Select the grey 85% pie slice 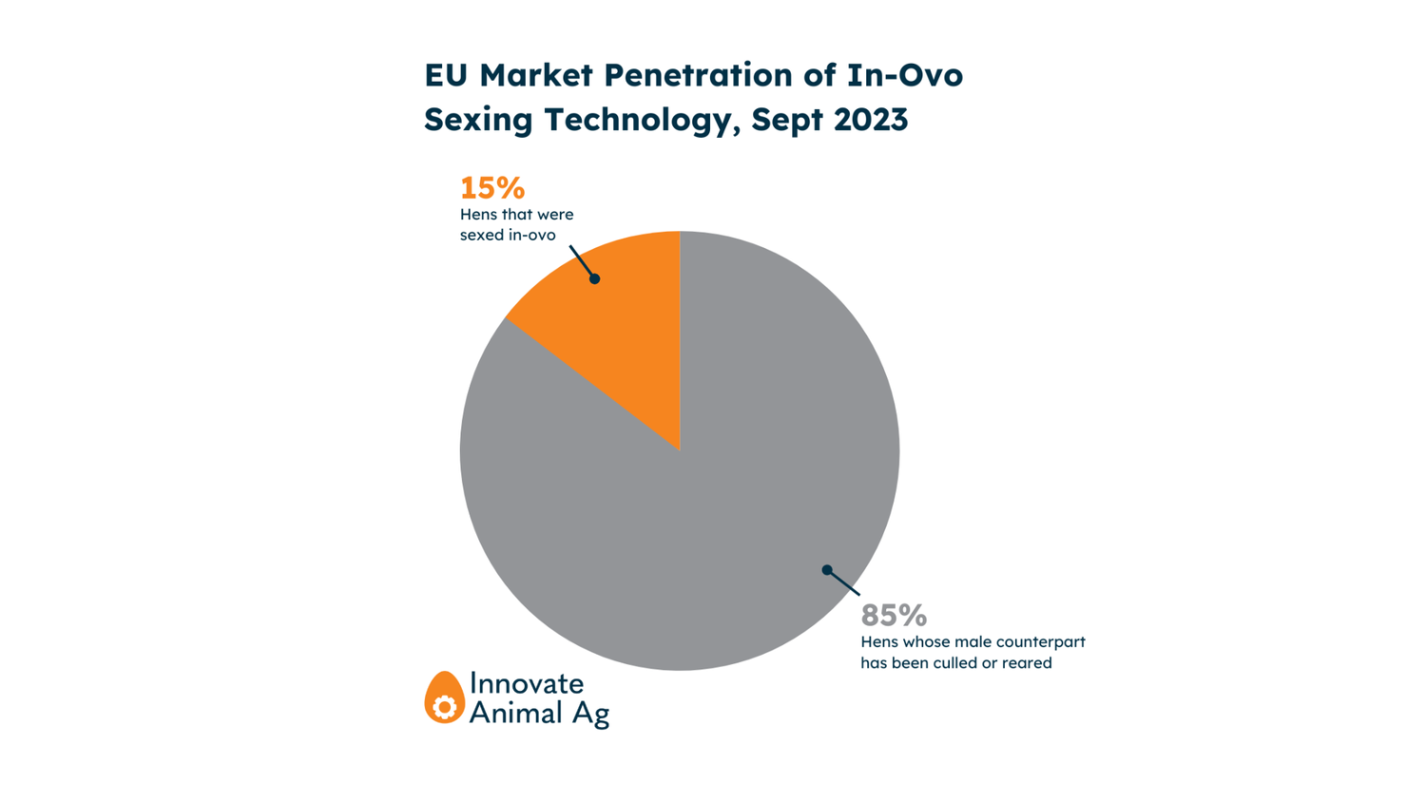point(723,494)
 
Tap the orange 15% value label point(491,187)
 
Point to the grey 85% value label point(893,615)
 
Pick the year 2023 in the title point(870,120)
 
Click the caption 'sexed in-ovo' point(508,235)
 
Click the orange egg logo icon point(444,697)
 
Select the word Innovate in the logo point(527,683)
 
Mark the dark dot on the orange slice point(594,278)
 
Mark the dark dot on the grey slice point(827,570)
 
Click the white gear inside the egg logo point(444,707)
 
